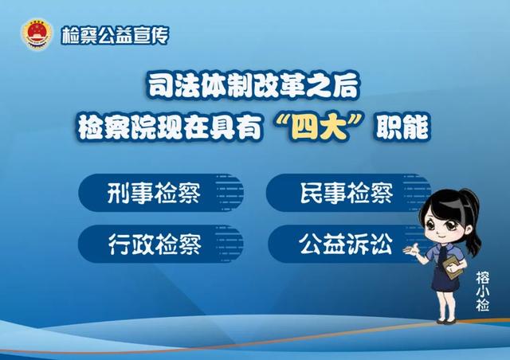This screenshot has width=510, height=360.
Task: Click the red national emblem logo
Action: pyautogui.click(x=37, y=34)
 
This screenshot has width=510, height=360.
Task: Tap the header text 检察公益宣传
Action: pyautogui.click(x=116, y=35)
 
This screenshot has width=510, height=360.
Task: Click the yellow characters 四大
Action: pyautogui.click(x=319, y=128)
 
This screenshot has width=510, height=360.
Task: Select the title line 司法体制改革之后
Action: pyautogui.click(x=253, y=86)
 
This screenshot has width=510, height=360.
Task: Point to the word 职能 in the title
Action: pyautogui.click(x=402, y=127)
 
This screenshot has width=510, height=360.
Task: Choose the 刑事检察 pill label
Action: pyautogui.click(x=154, y=193)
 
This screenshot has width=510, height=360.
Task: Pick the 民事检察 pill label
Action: pyautogui.click(x=347, y=193)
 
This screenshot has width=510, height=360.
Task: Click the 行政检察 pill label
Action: pyautogui.click(x=155, y=244)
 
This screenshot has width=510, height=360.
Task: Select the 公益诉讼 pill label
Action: pyautogui.click(x=345, y=244)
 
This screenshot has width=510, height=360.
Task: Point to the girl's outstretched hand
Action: pyautogui.click(x=410, y=250)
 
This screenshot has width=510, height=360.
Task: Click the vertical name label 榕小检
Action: pyautogui.click(x=482, y=291)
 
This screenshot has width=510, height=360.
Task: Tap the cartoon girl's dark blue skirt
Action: pyautogui.click(x=445, y=280)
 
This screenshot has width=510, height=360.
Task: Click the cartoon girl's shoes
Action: pyautogui.click(x=446, y=321)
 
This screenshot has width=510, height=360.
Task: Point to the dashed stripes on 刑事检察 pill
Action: pyautogui.click(x=229, y=193)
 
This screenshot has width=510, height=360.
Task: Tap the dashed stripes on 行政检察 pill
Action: pyautogui.click(x=229, y=244)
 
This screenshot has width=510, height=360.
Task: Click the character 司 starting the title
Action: pyautogui.click(x=159, y=86)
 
